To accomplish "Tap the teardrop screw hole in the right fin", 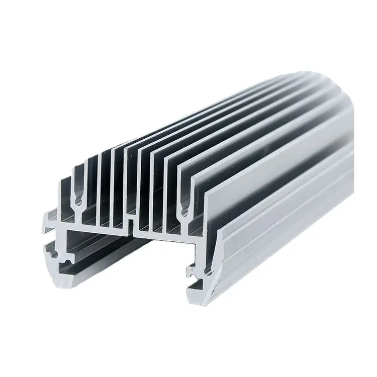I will pyautogui.click(x=184, y=211).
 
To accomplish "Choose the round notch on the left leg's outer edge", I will pyautogui.click(x=51, y=253).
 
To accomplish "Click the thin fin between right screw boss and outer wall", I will pyautogui.click(x=196, y=201).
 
